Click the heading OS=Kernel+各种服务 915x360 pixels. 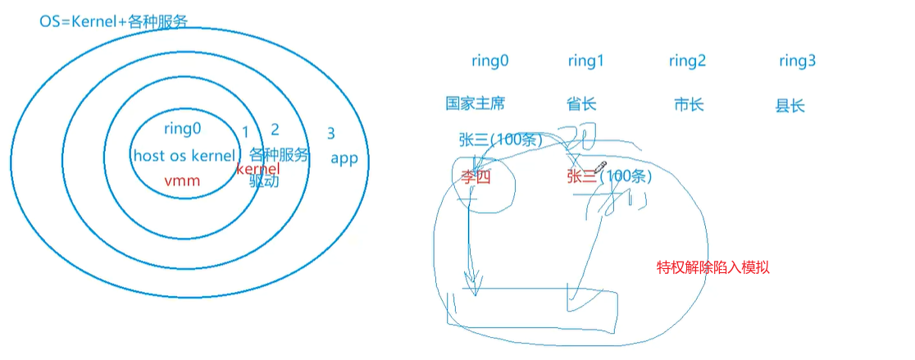[114, 20]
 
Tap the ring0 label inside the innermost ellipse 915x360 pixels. [182, 128]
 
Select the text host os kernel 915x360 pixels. [182, 156]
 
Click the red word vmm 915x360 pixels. [182, 181]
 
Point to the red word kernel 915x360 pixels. [258, 168]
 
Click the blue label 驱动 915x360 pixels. [264, 181]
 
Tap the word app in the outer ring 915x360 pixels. [344, 158]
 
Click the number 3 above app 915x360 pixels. [330, 134]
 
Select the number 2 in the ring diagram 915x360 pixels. [275, 130]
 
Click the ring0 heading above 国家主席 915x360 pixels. [490, 61]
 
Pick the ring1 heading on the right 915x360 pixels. [585, 61]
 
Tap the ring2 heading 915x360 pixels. [687, 61]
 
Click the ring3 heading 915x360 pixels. [797, 61]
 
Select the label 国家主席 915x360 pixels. [476, 103]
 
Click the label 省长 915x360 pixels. [581, 103]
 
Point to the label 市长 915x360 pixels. [689, 104]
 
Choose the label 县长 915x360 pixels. [790, 106]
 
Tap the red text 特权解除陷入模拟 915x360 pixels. [713, 267]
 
